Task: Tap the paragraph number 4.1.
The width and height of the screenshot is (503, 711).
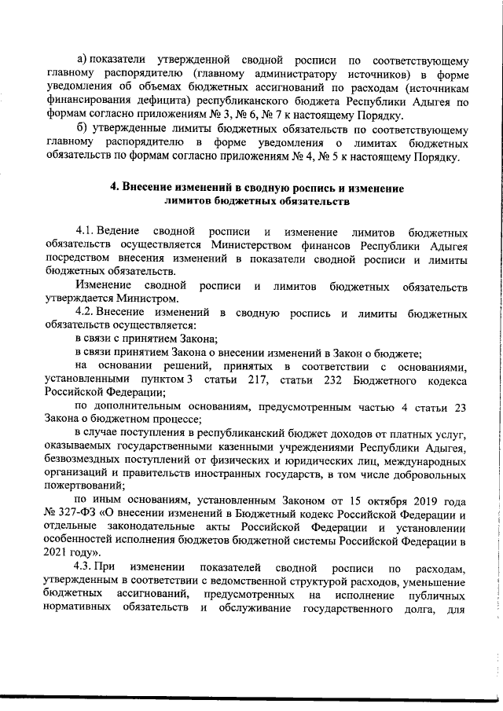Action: point(86,231)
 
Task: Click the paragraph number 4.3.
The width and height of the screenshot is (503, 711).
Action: point(86,567)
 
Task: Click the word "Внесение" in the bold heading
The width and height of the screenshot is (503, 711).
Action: point(152,189)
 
